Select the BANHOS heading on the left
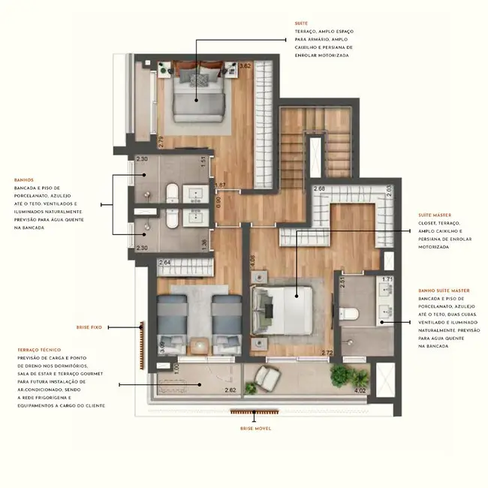24,180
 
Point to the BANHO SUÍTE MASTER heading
444,290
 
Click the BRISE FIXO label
88,328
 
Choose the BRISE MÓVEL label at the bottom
255,428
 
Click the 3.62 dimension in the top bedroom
244,66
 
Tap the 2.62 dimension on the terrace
230,390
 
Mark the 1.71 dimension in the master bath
388,280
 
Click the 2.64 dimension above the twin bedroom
165,262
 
